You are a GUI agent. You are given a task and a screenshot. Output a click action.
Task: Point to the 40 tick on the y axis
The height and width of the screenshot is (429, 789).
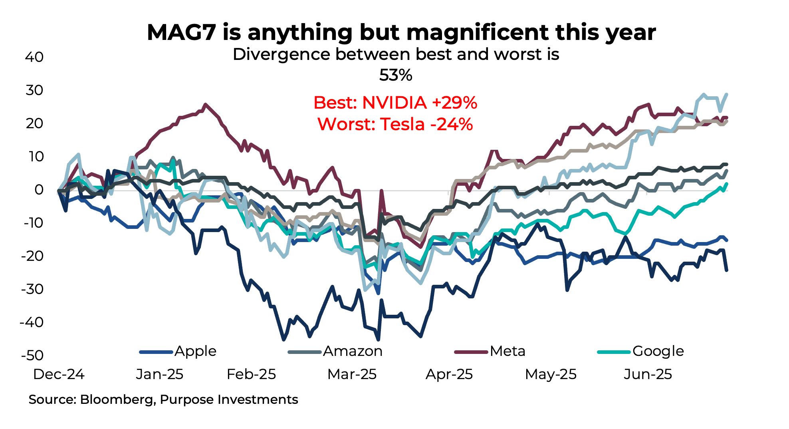point(34,57)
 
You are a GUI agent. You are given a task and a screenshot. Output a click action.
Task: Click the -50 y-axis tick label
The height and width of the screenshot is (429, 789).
point(32,356)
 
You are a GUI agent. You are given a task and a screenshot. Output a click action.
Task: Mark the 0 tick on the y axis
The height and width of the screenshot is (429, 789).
point(39,190)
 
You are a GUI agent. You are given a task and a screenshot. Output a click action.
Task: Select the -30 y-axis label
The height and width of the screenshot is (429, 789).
point(32,289)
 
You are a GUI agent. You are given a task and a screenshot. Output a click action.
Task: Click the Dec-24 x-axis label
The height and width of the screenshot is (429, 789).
point(59,374)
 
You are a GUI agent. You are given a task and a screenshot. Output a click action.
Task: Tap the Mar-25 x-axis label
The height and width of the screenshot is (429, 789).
point(352,374)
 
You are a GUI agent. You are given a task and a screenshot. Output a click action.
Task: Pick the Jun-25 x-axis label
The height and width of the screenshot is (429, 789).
point(648,374)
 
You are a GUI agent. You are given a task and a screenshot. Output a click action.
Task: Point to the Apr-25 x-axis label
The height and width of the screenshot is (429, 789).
point(449,374)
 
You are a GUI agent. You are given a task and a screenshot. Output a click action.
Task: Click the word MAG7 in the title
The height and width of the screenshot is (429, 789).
point(182,32)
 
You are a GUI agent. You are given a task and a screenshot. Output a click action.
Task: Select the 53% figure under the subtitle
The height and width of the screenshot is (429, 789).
point(395,75)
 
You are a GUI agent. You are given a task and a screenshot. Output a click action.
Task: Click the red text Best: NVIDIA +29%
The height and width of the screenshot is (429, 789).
point(395,103)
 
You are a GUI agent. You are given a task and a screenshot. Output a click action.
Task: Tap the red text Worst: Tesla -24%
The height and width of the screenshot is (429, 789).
point(395,124)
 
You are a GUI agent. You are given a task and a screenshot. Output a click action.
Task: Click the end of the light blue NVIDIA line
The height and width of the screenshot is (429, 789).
point(726,94)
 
